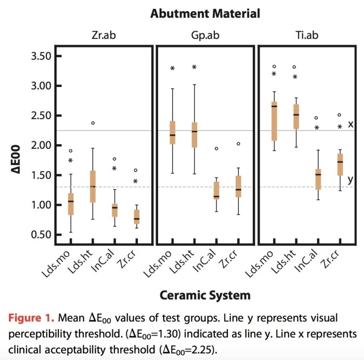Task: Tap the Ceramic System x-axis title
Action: click(205, 295)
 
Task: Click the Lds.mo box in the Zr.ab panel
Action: click(71, 203)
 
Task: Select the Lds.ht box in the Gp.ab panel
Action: click(194, 135)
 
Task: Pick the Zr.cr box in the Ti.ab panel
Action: click(326, 164)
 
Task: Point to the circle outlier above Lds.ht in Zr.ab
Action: click(93, 123)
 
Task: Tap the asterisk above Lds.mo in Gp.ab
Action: click(173, 69)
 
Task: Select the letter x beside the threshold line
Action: click(350, 124)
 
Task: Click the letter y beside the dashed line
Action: click(350, 179)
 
